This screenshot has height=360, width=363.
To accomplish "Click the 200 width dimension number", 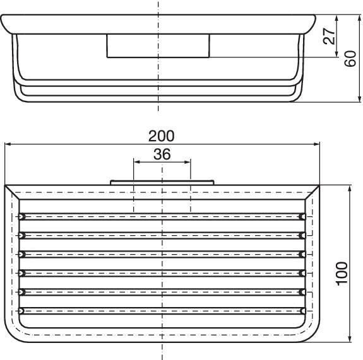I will (162, 136).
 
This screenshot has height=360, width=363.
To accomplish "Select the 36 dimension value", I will (162, 153).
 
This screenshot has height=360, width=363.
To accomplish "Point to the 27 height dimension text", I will (329, 36).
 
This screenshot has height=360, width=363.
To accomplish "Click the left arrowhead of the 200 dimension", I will (8, 144).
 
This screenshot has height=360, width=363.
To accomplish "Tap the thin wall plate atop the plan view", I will (162, 182).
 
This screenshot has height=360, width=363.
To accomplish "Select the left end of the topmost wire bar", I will (21, 216).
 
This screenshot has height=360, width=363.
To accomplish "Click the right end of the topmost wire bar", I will (303, 216).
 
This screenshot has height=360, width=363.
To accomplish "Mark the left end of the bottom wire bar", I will (21, 310).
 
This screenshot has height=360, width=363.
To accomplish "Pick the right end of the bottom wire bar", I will (303, 310).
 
